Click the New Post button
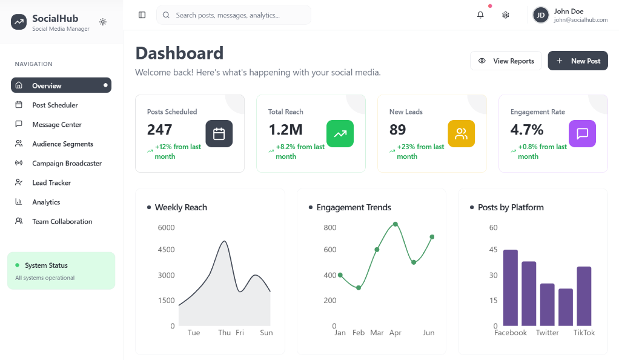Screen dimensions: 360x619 [578, 61]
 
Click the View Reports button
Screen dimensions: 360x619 [506, 61]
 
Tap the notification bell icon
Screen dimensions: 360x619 [480, 15]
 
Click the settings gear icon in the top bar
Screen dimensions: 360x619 [506, 15]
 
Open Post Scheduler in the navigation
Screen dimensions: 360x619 [55, 105]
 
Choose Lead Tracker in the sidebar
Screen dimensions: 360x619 [51, 182]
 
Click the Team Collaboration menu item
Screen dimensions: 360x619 [62, 221]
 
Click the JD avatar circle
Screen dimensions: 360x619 [541, 15]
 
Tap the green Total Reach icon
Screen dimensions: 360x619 [340, 133]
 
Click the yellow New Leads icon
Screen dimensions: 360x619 [461, 133]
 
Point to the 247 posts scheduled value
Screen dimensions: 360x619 [160, 130]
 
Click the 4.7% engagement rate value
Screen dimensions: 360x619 [527, 130]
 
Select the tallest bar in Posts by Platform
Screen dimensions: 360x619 [511, 288]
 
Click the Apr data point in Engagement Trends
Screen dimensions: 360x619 [396, 224]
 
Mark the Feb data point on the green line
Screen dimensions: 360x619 [359, 287]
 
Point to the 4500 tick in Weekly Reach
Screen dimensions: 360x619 [166, 250]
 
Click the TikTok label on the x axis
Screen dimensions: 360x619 [584, 333]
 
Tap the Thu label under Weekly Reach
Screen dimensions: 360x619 [224, 333]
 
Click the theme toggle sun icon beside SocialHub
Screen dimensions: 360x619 [103, 22]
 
